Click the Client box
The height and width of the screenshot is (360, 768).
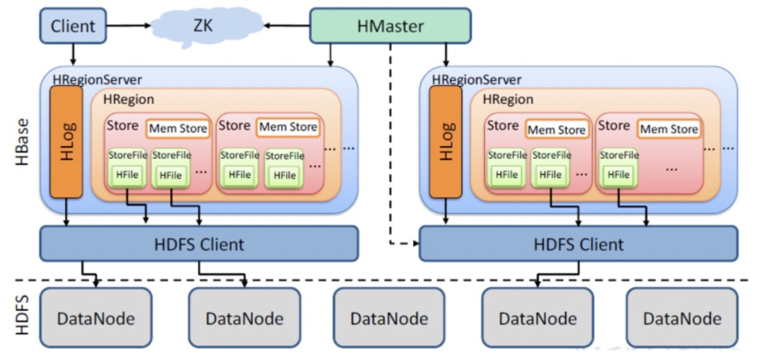pos(73,27)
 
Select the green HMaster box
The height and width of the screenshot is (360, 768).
pos(390,26)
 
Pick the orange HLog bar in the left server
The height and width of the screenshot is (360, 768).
pos(66,142)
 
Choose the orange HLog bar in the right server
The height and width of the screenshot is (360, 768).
pos(445,142)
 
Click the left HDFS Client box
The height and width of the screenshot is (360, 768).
pos(199,244)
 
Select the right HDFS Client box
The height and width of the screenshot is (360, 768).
pos(578,244)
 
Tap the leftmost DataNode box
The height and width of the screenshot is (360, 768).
pos(95,317)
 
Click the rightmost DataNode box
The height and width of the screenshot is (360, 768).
pos(681,317)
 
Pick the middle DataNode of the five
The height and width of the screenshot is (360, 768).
pos(389,317)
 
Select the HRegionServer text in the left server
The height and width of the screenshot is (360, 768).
pos(97,79)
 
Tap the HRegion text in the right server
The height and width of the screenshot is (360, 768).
pos(508,99)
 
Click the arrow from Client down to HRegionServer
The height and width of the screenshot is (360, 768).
pos(73,54)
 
